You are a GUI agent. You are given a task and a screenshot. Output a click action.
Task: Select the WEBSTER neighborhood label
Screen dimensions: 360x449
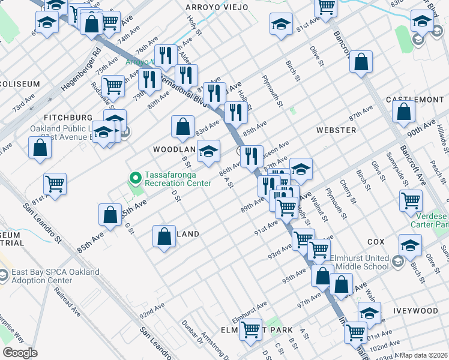click(x=336, y=130)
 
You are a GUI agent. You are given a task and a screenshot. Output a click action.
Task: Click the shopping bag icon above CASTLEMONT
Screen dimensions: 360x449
click(x=361, y=62)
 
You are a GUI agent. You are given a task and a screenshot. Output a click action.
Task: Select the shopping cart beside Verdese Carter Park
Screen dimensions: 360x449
click(x=411, y=200)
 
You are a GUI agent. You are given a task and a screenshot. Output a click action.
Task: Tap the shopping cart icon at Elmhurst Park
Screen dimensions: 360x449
click(x=250, y=329)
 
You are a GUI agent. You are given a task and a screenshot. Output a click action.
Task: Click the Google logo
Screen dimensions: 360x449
click(x=20, y=353)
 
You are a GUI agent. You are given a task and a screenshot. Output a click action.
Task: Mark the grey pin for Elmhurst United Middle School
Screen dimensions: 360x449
click(x=397, y=260)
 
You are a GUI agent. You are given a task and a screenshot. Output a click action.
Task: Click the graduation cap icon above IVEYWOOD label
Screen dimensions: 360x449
click(x=369, y=313)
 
